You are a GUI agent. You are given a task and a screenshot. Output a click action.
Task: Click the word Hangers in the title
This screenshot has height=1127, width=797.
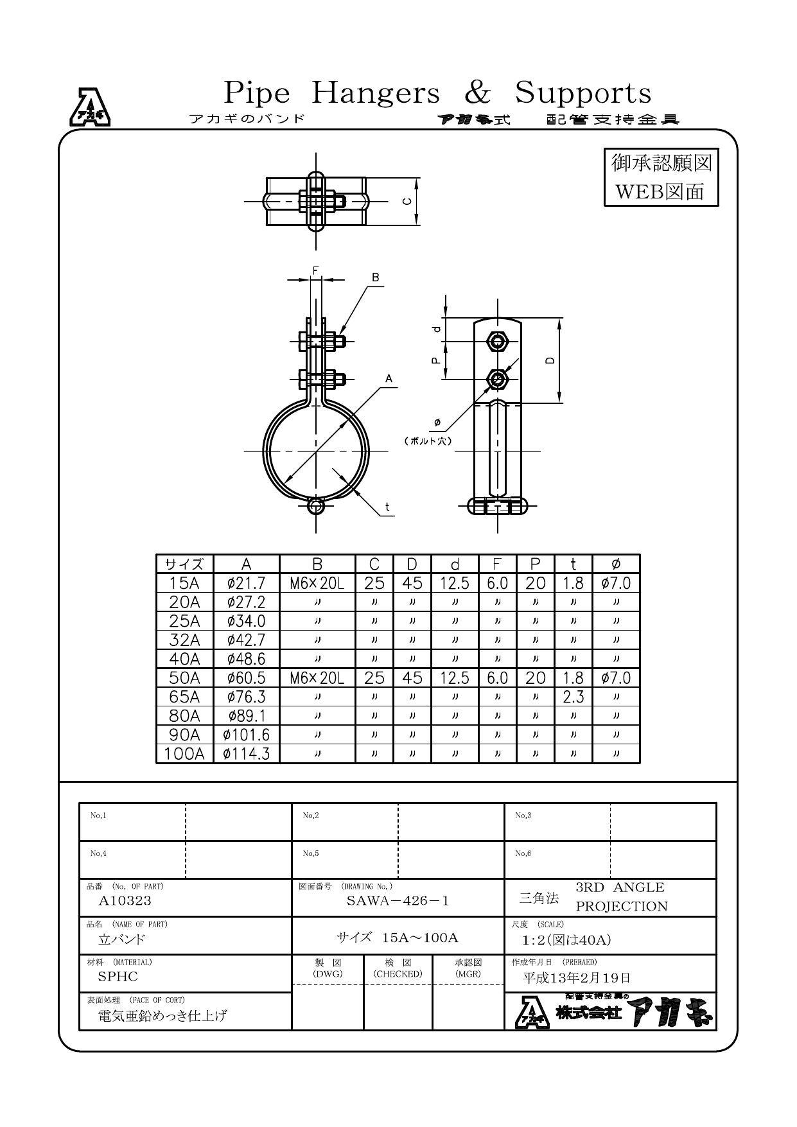pos(376,93)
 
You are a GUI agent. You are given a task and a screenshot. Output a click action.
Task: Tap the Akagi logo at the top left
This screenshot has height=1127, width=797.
pos(90,107)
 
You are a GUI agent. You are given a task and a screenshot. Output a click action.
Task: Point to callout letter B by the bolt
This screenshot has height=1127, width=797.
pos(376,277)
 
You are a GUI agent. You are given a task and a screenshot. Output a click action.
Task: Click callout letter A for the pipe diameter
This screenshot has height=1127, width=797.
pos(389,379)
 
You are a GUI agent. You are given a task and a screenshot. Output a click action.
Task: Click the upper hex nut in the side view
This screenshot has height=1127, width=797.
pos(497,341)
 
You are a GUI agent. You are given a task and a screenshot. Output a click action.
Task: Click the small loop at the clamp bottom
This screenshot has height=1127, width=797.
pos(315,506)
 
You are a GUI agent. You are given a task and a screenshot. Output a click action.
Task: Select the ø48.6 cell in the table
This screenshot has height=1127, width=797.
pos(246,659)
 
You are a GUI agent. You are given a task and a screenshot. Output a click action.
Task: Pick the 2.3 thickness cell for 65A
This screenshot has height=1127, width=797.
pos(573,697)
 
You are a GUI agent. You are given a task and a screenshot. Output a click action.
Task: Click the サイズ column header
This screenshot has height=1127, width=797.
pos(184,564)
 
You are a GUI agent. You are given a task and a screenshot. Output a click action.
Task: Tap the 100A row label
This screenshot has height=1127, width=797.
pos(184,753)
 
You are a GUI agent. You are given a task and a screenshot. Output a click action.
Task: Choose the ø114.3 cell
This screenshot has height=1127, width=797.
pos(246,753)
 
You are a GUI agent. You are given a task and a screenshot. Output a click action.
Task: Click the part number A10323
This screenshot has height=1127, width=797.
pos(125,900)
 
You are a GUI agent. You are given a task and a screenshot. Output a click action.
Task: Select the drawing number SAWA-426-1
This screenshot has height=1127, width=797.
pos(398,900)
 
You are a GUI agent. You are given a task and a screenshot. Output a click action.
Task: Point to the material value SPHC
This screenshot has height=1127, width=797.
pos(118,977)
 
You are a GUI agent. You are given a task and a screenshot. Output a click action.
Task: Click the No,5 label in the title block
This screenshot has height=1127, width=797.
pos(311,853)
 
